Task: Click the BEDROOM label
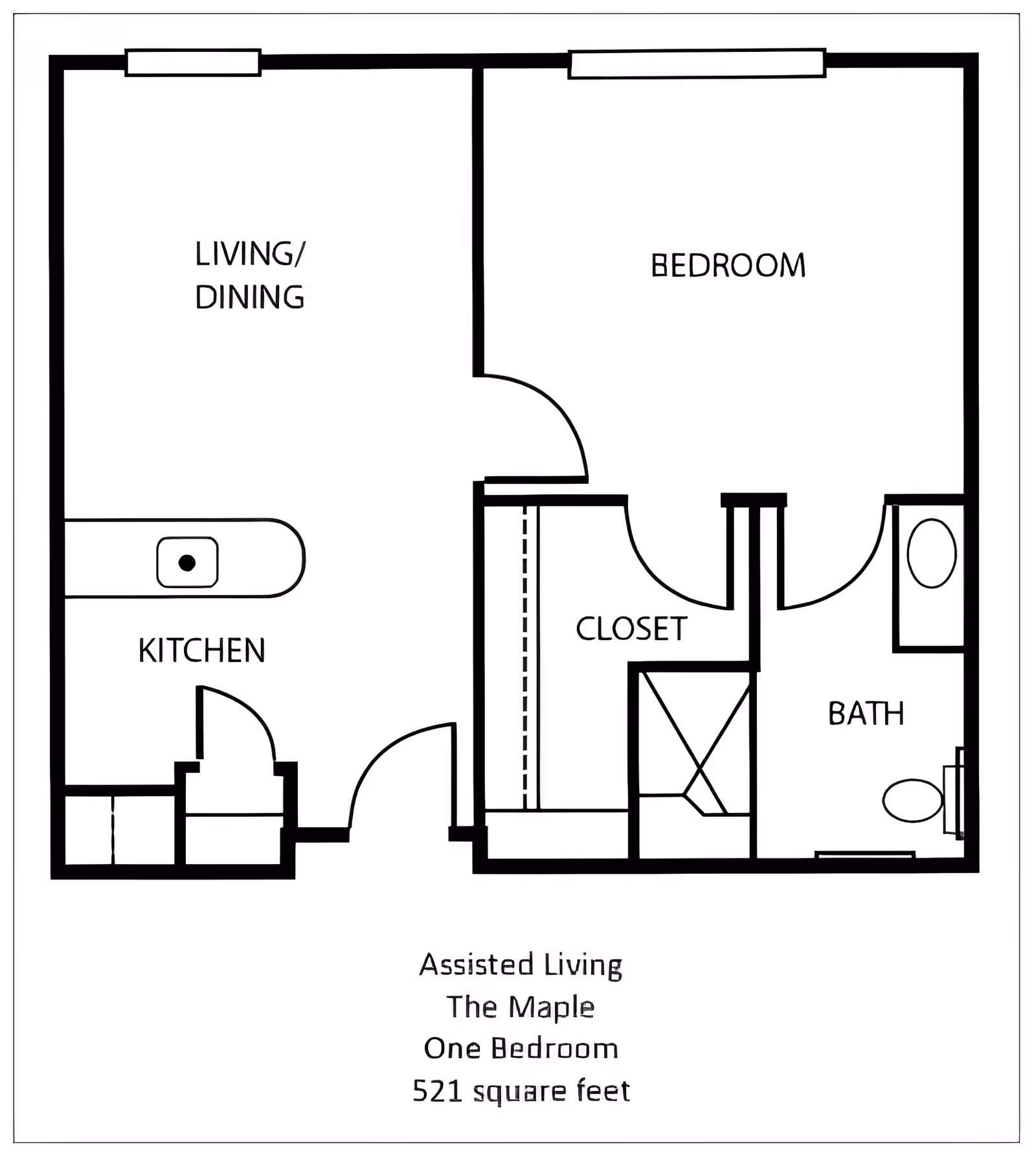pos(728,266)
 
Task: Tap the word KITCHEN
pos(202,650)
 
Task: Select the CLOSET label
pos(631,629)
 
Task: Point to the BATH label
pos(866,714)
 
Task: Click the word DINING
pos(249,297)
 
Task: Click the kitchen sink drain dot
pos(187,563)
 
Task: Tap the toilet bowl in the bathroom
pos(912,801)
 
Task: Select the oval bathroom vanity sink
pos(932,553)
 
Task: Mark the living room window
pos(193,63)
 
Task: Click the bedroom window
pos(697,64)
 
